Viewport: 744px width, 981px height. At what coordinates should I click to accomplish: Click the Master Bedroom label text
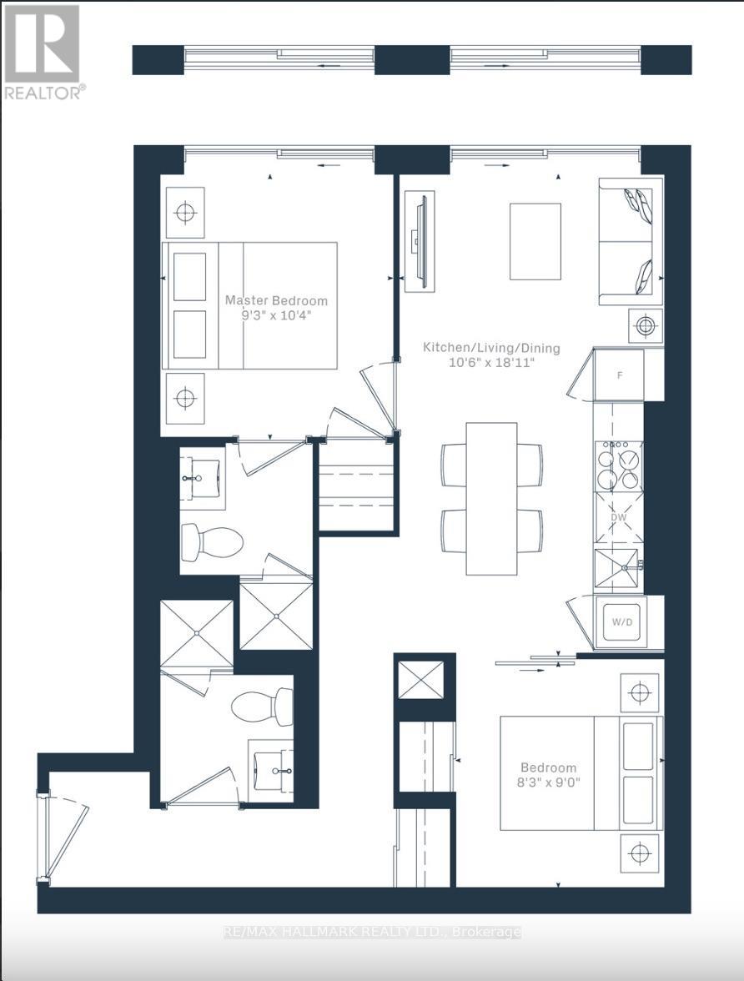[276, 300]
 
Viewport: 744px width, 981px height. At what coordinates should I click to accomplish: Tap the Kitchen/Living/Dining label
[491, 348]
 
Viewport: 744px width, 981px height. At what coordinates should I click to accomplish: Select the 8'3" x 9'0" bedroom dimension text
[548, 783]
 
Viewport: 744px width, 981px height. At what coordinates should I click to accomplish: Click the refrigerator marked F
[619, 375]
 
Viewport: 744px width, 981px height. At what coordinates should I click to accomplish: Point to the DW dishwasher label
[618, 517]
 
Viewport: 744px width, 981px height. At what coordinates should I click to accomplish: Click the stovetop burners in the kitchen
[618, 465]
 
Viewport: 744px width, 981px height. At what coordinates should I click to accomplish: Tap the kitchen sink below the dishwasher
[617, 569]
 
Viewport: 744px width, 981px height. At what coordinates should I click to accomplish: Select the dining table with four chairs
[491, 498]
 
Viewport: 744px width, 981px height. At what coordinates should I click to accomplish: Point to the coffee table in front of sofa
[535, 241]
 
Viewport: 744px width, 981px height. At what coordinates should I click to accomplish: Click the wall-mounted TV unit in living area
[419, 242]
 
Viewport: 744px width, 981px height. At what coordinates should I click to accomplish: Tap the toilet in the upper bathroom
[211, 541]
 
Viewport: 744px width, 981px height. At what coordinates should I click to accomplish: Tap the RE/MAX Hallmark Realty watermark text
[372, 932]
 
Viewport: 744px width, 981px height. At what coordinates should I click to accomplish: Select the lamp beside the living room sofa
[645, 324]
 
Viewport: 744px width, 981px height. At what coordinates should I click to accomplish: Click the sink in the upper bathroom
[201, 477]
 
